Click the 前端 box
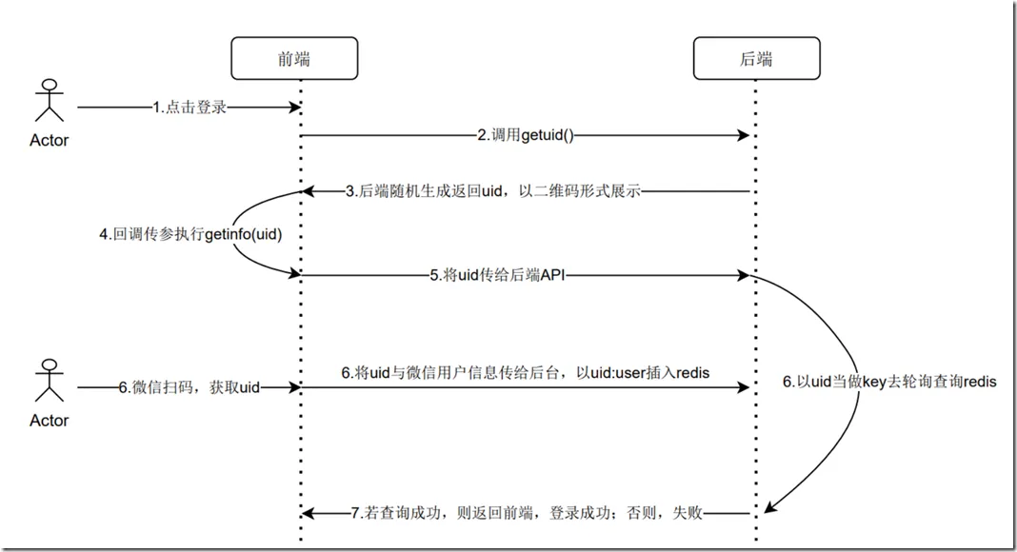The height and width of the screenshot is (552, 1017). coord(294,58)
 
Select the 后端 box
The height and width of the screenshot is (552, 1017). coord(756,58)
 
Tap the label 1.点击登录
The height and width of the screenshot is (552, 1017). coord(189,107)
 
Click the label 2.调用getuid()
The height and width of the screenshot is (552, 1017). coord(526,135)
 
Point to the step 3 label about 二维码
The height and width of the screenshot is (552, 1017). coord(493,191)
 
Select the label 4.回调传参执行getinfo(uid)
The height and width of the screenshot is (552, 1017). coord(190,234)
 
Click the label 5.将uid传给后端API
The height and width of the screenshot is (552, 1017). coord(497,275)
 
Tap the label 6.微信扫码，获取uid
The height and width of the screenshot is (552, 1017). coord(189,387)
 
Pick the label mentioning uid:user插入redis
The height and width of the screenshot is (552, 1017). coord(526,372)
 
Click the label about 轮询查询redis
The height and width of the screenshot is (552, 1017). coord(889,382)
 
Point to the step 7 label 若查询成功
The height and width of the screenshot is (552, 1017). coord(527,513)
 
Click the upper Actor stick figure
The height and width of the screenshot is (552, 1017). coord(50,101)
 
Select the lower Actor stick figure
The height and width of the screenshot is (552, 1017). coord(50,381)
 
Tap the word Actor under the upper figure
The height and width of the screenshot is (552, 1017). coord(50,141)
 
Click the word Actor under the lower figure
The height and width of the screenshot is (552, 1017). coord(50,421)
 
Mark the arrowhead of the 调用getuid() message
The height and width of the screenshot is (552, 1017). coord(744,135)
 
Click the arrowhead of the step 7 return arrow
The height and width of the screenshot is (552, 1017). coord(309,514)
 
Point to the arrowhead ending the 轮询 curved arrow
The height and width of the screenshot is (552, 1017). coord(769,506)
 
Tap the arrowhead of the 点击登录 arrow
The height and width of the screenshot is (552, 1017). coord(294,107)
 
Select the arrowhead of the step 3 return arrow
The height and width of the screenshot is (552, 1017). coord(309,191)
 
